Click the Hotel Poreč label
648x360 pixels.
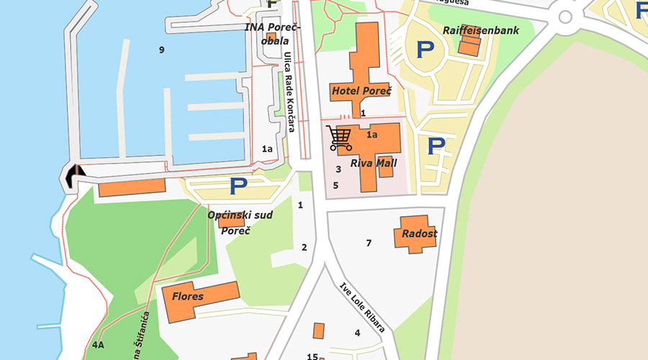coord(361,91)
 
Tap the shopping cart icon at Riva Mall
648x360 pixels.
coord(338,138)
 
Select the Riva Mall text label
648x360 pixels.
coord(374,163)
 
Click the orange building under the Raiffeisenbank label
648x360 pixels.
coord(469,46)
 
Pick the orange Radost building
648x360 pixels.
coord(415,234)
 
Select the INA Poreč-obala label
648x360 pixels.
coord(273,34)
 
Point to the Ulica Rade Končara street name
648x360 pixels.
coord(289,92)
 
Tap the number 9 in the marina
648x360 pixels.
coord(161,50)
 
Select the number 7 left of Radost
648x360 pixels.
coord(369,243)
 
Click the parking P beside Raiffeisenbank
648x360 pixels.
coord(426,50)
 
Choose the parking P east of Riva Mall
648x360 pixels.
coord(436,146)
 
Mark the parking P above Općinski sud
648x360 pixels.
coord(238,186)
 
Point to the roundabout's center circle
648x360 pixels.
coord(565,17)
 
